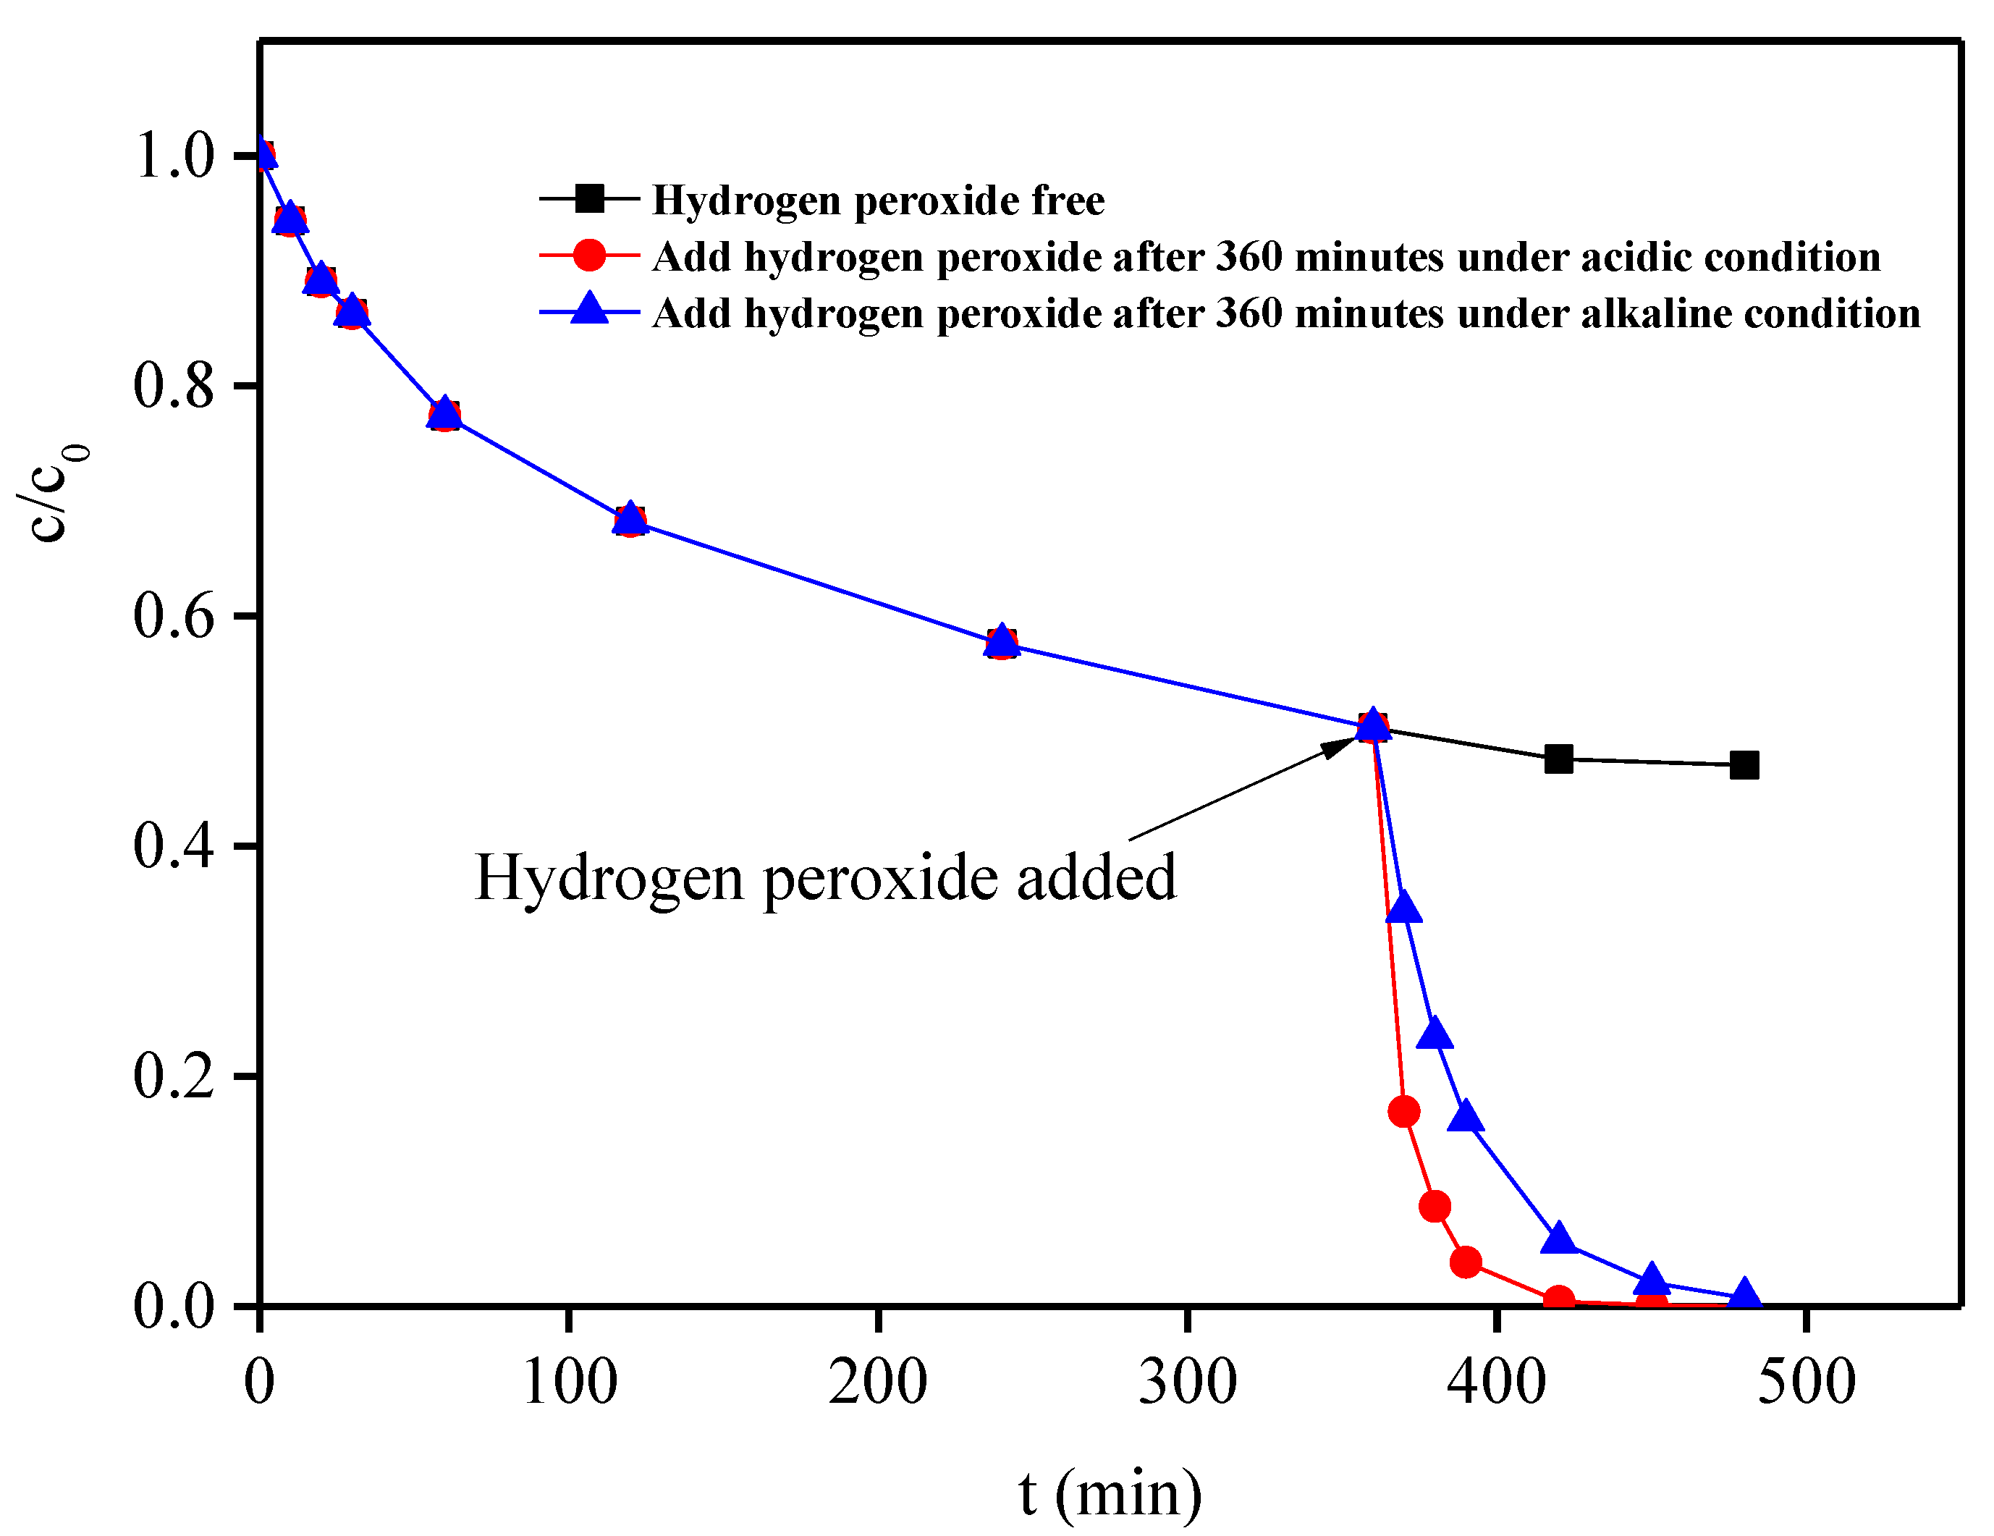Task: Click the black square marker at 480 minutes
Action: [1744, 764]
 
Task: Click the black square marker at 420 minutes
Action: [1558, 758]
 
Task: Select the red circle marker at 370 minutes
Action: [1403, 1111]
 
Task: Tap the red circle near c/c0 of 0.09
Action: [1435, 1207]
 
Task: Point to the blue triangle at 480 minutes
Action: [1744, 1294]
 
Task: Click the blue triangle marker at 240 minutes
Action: [1002, 640]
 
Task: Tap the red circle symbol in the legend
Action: [590, 256]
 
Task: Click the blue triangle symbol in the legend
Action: [590, 311]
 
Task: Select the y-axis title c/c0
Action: [52, 493]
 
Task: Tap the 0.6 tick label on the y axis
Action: [174, 615]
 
